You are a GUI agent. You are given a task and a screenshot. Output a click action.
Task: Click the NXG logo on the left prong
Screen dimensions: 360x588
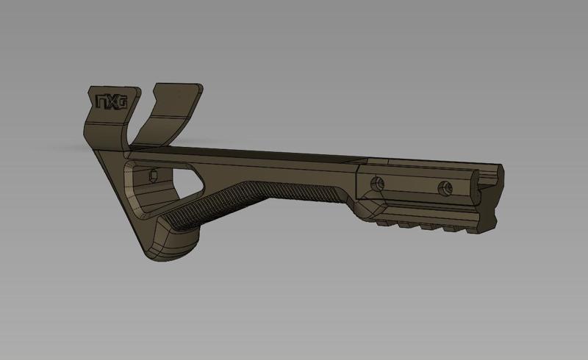pos(110,101)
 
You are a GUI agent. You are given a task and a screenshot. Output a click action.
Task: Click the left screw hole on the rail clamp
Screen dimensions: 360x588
pos(379,181)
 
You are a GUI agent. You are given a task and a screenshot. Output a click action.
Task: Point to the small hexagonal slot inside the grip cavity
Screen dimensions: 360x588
pos(153,176)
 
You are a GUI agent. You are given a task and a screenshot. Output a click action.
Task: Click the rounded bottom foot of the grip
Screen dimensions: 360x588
pos(176,246)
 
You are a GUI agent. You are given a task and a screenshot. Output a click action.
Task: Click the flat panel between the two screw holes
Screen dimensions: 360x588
pos(412,185)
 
